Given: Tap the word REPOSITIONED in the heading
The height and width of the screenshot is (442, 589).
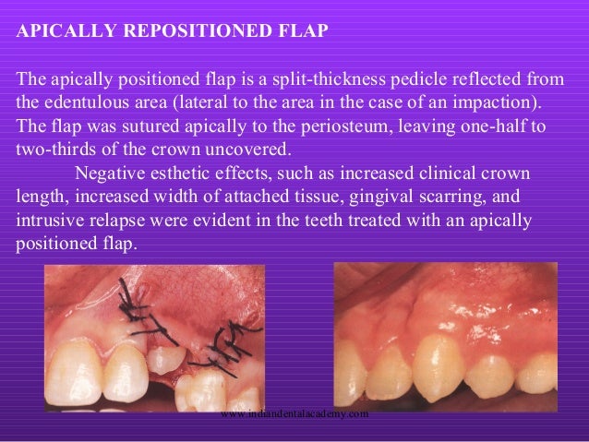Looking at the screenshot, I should pyautogui.click(x=184, y=29).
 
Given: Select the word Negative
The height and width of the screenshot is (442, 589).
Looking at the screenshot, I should pyautogui.click(x=109, y=173).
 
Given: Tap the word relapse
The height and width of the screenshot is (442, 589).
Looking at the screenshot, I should pyautogui.click(x=117, y=221).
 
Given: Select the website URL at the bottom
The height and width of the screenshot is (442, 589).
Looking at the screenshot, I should pyautogui.click(x=295, y=414).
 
